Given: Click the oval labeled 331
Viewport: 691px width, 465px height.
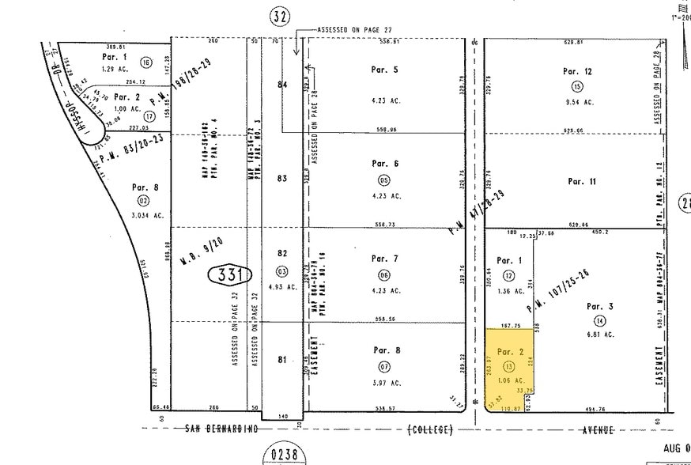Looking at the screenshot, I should [x=230, y=275].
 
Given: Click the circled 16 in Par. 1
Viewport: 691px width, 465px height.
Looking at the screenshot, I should [x=146, y=62].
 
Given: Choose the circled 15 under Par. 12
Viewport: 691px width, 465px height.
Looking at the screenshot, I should [x=578, y=87].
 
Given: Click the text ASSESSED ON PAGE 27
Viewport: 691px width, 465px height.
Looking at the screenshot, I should [x=356, y=29].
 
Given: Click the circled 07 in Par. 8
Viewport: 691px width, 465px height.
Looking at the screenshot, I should [x=385, y=368].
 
